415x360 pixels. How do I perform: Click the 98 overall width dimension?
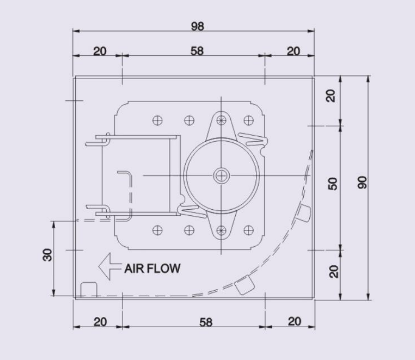197,26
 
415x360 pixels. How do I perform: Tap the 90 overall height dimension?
363,182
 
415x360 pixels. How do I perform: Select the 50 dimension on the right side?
333,184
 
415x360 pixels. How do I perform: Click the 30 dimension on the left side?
47,255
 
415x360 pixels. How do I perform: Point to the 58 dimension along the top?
197,51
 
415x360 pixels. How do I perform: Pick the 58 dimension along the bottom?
206,322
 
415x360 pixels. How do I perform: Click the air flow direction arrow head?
104,266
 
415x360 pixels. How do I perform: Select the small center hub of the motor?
221,176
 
